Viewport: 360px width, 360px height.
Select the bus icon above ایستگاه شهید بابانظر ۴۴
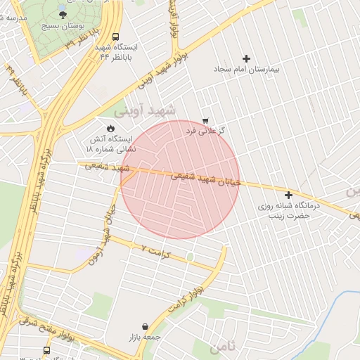[115, 37]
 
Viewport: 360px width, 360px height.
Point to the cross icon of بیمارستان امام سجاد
[245, 58]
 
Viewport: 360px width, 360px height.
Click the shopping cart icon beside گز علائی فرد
[205, 121]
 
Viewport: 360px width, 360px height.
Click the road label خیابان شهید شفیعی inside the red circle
[206, 179]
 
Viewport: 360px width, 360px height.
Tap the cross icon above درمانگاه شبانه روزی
[288, 194]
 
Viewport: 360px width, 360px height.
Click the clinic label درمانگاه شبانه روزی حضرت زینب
[292, 211]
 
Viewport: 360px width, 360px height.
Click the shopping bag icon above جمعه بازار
[145, 327]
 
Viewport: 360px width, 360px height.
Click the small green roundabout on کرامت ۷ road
[189, 257]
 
